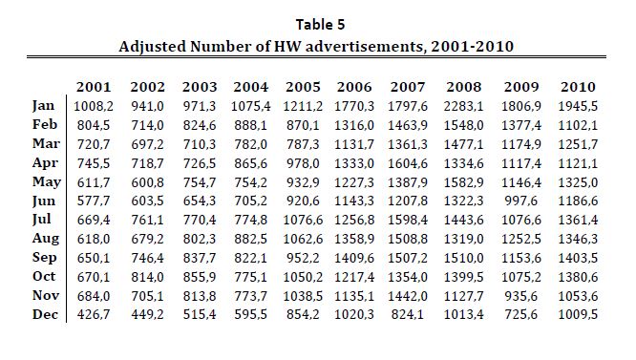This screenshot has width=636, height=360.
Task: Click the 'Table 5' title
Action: [320, 24]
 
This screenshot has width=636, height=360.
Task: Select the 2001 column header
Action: [94, 87]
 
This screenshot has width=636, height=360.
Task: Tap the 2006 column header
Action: [354, 87]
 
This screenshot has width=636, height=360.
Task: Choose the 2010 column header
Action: [578, 87]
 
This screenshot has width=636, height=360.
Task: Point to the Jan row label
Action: [43, 105]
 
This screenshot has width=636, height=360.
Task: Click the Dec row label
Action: [45, 314]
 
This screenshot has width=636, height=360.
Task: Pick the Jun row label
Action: [43, 201]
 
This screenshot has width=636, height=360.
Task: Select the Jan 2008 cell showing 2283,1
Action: [463, 106]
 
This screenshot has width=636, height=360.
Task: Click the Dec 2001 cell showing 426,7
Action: [94, 314]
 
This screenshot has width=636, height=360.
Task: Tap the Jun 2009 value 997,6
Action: [520, 201]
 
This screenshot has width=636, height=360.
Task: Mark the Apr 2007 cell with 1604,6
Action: [408, 163]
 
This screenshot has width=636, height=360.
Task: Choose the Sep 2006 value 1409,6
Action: [354, 258]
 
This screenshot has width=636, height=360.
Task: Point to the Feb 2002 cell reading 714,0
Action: [147, 125]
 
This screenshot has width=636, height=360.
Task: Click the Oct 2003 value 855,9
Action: [200, 277]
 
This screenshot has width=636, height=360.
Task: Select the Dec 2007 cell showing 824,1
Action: [408, 314]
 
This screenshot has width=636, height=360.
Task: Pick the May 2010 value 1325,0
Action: [578, 182]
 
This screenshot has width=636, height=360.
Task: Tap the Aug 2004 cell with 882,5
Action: [250, 239]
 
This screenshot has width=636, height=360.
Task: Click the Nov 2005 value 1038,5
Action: [303, 296]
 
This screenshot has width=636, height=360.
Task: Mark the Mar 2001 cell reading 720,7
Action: [94, 144]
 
